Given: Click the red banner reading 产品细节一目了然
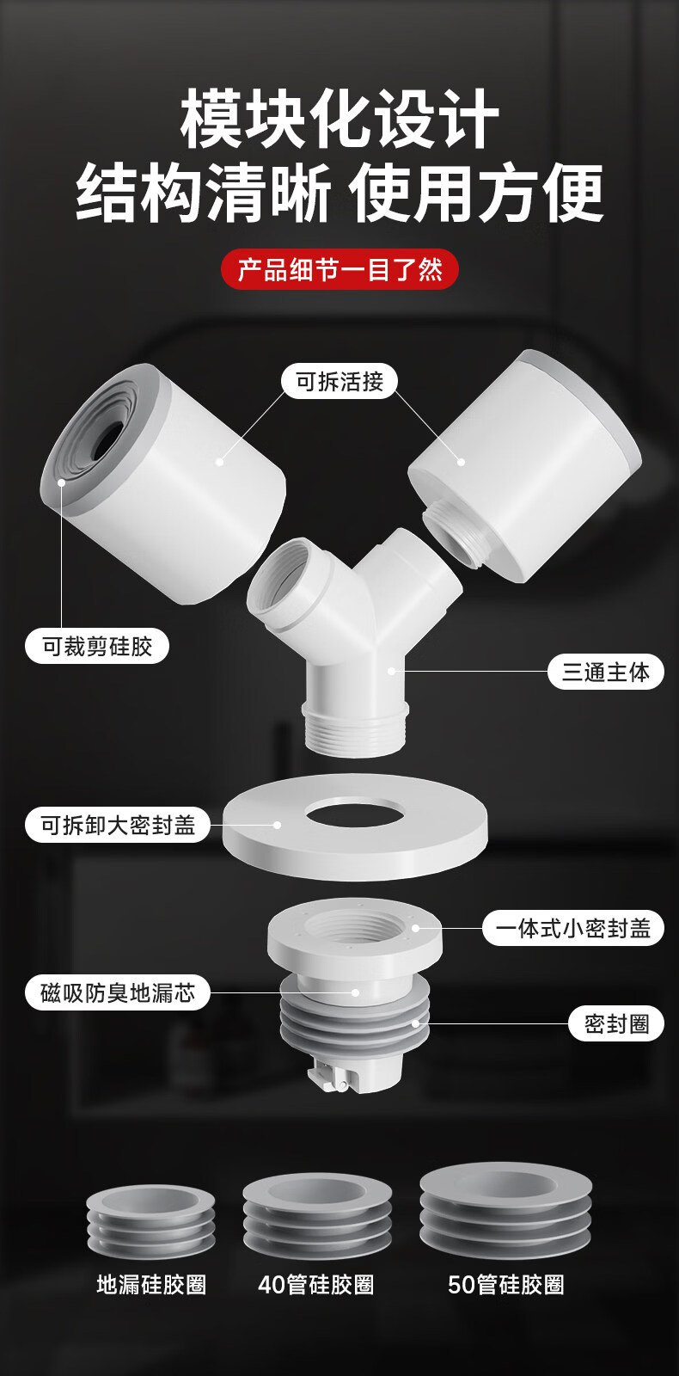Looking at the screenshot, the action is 339,270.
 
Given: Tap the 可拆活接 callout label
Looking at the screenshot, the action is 339,381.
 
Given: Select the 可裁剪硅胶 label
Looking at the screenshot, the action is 97,646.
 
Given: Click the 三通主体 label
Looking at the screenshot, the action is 605,672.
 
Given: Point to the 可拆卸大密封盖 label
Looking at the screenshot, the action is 119,825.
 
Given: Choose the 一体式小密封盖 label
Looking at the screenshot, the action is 572,928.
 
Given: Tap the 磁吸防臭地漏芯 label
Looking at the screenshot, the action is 119,992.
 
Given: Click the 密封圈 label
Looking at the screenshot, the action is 616,1023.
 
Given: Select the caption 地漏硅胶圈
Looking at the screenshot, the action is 151,1285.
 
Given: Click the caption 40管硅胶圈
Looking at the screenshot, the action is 316,1285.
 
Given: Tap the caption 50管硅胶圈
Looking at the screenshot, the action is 506,1285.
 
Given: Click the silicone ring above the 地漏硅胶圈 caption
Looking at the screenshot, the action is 150,1221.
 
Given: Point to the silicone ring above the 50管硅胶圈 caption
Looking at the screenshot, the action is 505,1208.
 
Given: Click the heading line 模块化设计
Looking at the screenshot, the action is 339,120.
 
